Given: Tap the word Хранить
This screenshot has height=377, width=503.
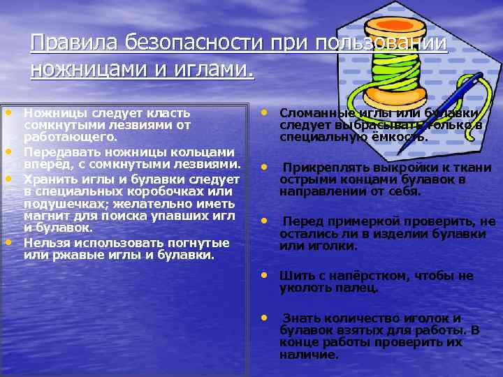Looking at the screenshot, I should pos(49,178).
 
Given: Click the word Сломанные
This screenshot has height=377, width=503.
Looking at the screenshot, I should pos(315,114).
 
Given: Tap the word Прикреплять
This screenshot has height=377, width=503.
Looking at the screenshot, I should pos(322,169).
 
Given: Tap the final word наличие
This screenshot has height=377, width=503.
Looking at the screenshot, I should pos(308,355).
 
